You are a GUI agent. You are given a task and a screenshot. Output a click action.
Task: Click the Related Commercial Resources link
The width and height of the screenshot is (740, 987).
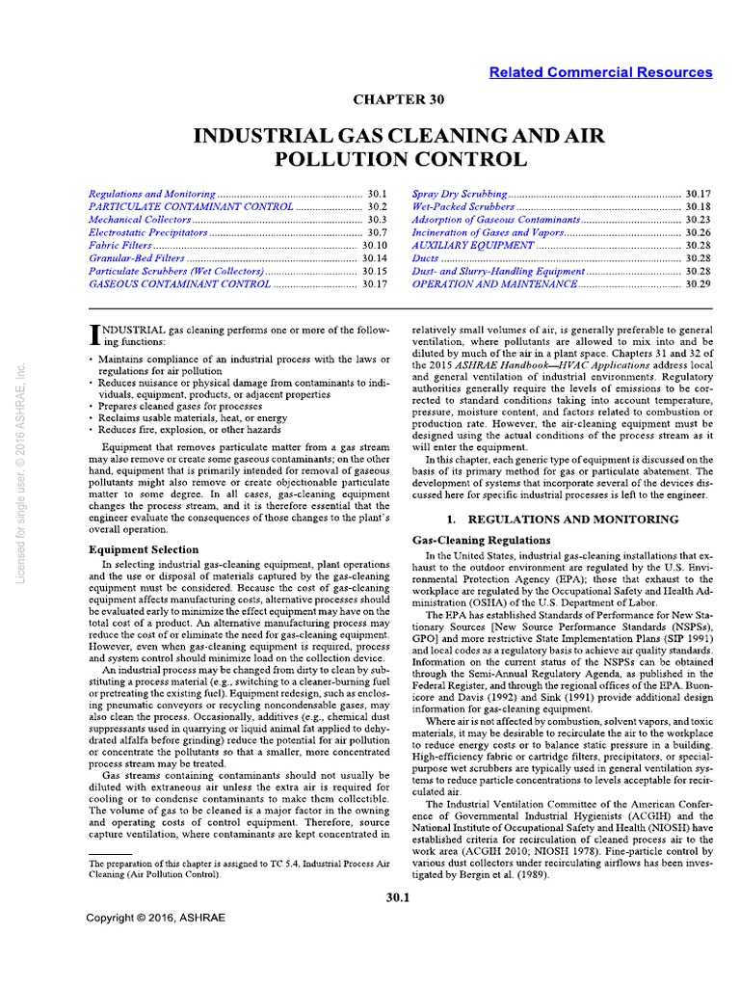(x=600, y=72)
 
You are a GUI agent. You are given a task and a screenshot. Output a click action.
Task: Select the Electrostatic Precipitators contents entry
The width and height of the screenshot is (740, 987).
(x=148, y=232)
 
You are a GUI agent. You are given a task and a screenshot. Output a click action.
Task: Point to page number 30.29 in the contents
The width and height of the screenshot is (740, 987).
(x=698, y=284)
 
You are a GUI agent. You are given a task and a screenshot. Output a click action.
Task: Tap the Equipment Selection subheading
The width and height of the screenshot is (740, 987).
(x=144, y=549)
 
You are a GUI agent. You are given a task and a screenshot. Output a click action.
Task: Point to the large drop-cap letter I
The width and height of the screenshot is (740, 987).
(x=93, y=333)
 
